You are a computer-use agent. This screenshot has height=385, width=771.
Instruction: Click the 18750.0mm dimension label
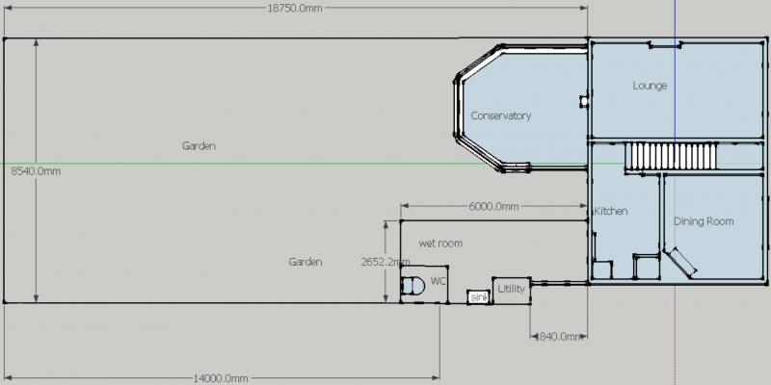tap(295, 9)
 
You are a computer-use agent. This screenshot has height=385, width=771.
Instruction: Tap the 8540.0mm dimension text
tap(36, 171)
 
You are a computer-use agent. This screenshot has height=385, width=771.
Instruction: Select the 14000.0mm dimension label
tap(220, 378)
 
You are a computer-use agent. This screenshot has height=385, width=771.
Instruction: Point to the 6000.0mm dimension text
tap(493, 206)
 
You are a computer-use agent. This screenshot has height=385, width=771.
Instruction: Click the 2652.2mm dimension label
tap(385, 262)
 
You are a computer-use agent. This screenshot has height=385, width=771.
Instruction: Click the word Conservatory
tap(501, 115)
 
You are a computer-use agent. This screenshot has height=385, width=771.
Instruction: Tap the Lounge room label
tap(650, 86)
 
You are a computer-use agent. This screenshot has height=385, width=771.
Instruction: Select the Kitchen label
tap(611, 211)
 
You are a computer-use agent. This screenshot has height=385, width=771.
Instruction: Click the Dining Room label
tap(704, 221)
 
